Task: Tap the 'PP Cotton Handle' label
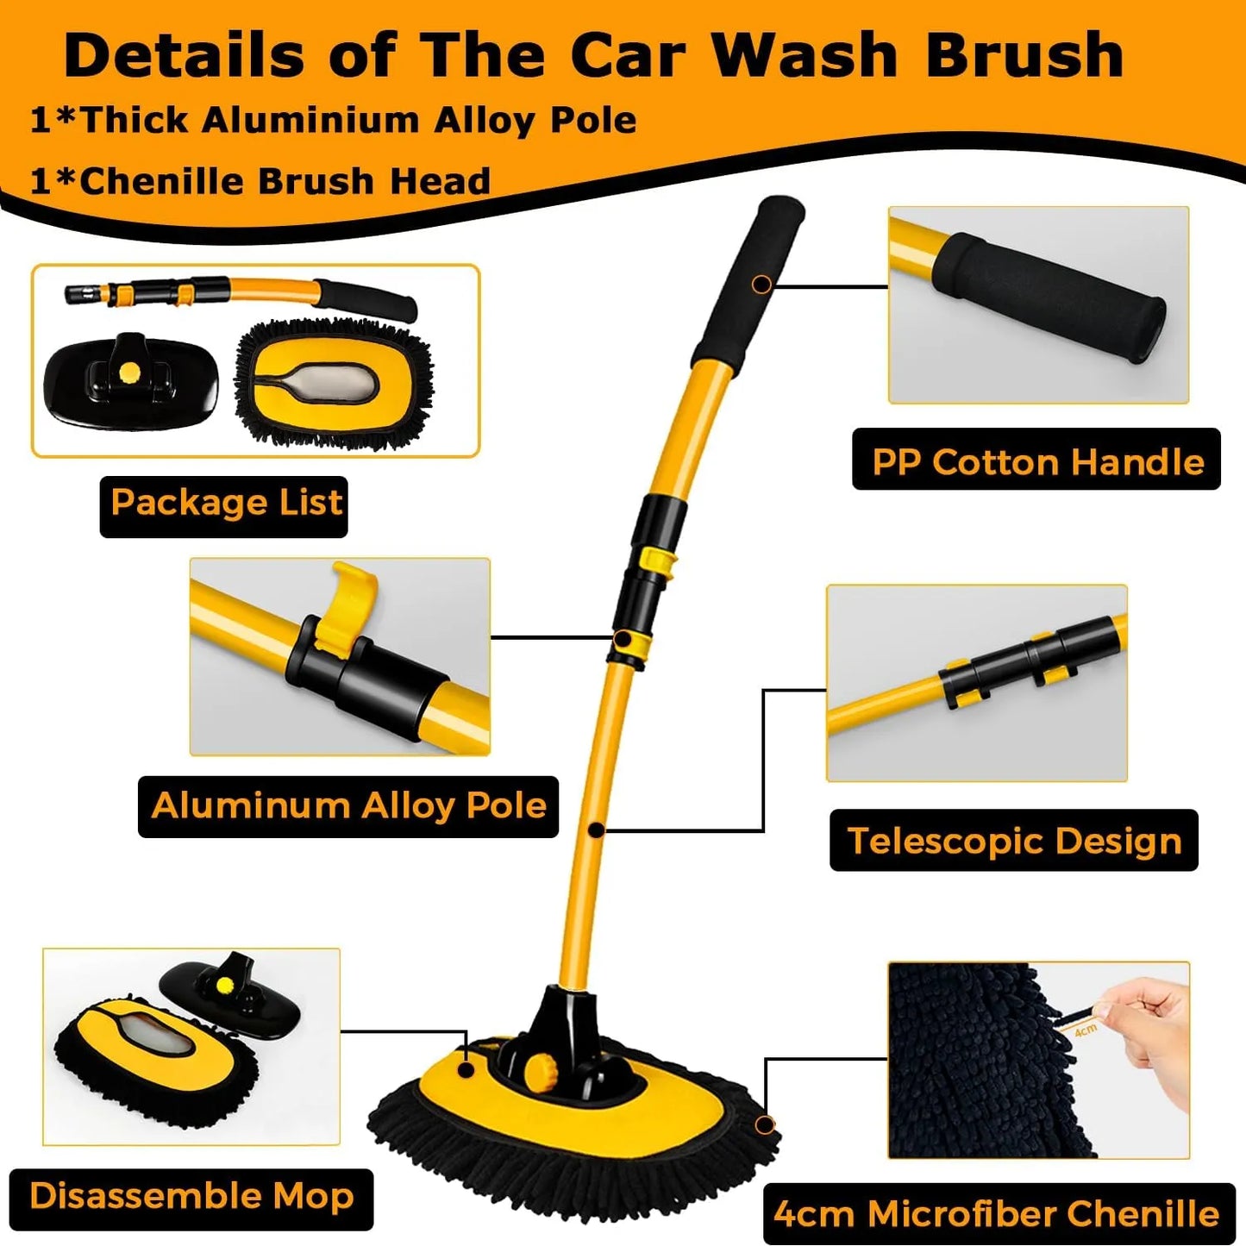(x=1036, y=461)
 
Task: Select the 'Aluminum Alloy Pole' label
(x=348, y=806)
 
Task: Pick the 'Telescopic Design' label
(x=1014, y=841)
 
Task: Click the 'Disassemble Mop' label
(x=191, y=1197)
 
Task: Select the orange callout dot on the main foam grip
(x=761, y=283)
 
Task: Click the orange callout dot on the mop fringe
(x=764, y=1124)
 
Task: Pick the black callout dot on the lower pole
(x=596, y=830)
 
